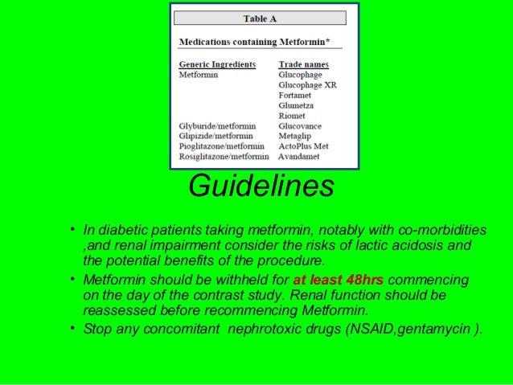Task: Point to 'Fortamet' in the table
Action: point(298,95)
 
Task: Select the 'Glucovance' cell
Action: point(301,126)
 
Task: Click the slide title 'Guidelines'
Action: point(260,186)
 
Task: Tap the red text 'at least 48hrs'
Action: point(338,281)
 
